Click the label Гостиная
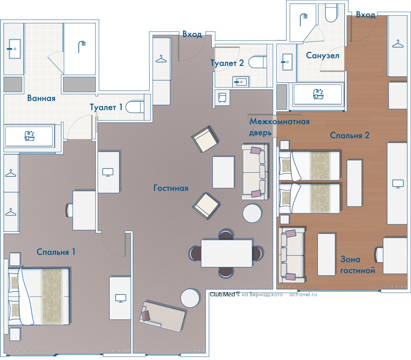click(x=170, y=188)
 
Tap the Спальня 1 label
click(x=56, y=252)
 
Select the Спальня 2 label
click(x=349, y=135)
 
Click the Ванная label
click(x=41, y=98)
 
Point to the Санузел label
click(x=323, y=56)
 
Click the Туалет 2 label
click(x=227, y=63)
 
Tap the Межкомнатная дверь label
click(x=279, y=127)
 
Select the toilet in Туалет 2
click(x=257, y=62)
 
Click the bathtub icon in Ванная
click(x=30, y=136)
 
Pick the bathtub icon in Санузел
click(x=318, y=94)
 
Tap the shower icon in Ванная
click(x=82, y=47)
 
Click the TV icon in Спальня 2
click(x=398, y=183)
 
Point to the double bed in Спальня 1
click(x=39, y=296)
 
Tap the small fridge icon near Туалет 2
click(x=222, y=98)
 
